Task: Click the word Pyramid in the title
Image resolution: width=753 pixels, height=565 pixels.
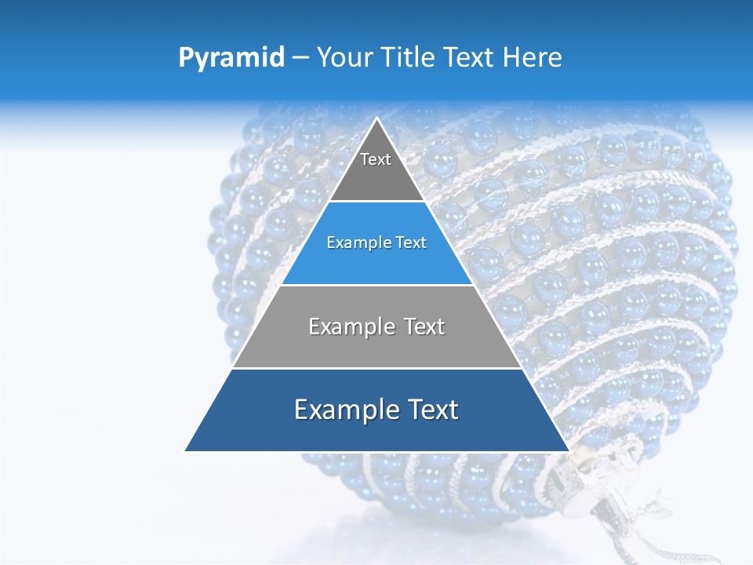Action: coord(231,58)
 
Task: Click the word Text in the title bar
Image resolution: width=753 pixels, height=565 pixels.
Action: coord(470,58)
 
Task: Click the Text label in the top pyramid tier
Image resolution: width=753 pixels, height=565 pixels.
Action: coord(376,159)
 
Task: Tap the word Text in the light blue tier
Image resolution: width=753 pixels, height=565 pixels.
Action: coord(411,243)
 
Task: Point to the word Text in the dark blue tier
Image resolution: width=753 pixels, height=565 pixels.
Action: coord(429,410)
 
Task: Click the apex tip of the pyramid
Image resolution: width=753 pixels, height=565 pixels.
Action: coord(377,119)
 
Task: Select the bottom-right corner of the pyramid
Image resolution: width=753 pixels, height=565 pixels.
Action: coord(568,450)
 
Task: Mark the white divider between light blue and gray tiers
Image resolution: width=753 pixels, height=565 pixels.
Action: coord(377,285)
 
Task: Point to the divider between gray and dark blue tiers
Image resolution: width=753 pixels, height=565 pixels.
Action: coord(377,368)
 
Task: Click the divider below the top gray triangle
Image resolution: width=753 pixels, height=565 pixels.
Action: coord(377,202)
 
